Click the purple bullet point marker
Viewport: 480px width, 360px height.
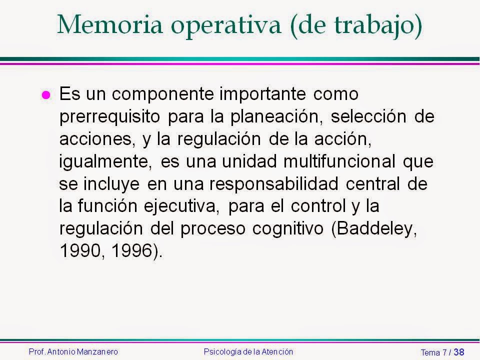click(45, 95)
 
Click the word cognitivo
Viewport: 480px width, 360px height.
click(289, 229)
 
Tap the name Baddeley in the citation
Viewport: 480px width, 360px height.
click(381, 229)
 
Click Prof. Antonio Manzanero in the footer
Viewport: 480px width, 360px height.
click(73, 351)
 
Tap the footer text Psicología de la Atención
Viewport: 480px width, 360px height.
click(248, 351)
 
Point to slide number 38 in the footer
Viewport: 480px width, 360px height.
click(458, 352)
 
